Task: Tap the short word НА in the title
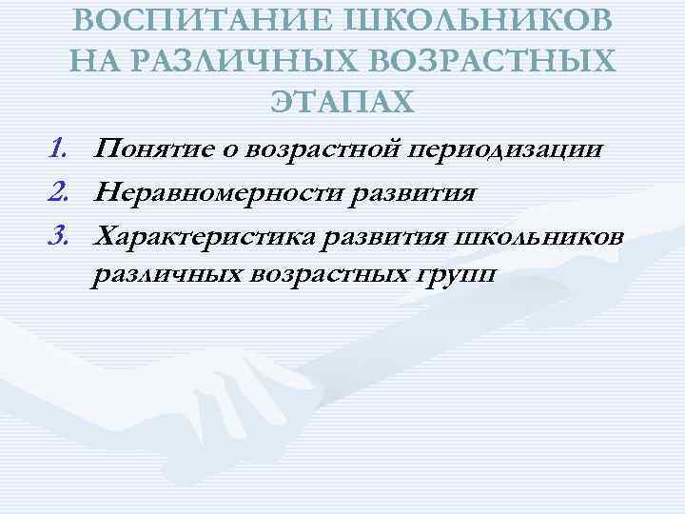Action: point(93,61)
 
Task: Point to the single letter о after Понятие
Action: point(236,149)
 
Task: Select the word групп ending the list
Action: point(456,277)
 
